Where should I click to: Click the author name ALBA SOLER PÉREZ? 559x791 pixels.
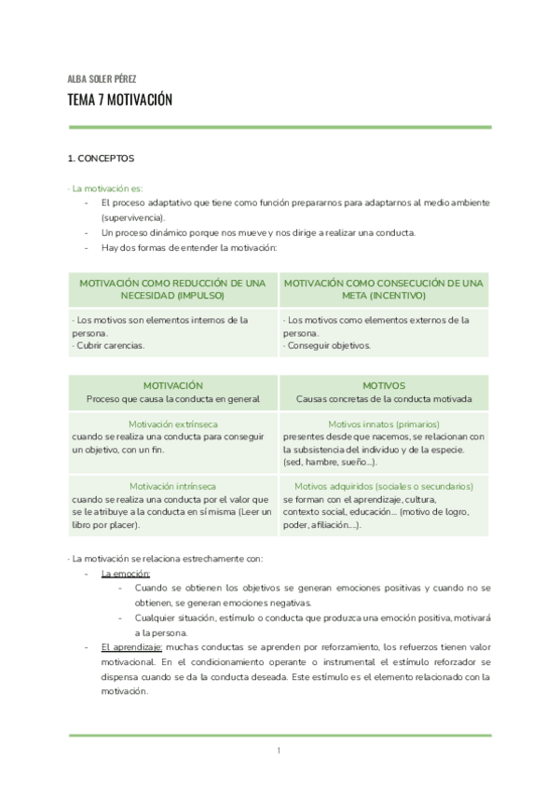click(x=102, y=78)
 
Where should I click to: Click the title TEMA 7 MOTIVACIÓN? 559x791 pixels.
click(x=120, y=100)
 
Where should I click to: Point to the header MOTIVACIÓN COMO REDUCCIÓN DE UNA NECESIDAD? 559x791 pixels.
click(x=172, y=288)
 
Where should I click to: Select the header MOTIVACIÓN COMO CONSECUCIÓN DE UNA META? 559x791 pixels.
click(x=383, y=288)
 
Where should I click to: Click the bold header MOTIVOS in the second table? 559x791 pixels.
click(x=383, y=384)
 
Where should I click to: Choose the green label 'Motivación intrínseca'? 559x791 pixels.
click(x=172, y=486)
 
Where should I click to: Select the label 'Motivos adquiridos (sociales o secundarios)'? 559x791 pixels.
click(x=383, y=486)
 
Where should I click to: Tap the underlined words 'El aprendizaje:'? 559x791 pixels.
click(x=131, y=646)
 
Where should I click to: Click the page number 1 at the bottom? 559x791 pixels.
click(x=279, y=751)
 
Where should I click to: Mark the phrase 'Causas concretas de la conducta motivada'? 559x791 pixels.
click(x=383, y=398)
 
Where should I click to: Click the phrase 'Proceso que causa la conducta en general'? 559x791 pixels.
click(x=172, y=398)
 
